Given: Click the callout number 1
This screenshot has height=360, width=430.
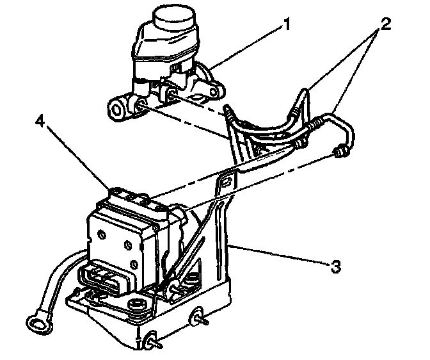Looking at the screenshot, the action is point(288,25).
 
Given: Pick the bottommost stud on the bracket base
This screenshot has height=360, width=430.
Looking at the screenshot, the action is point(152,342).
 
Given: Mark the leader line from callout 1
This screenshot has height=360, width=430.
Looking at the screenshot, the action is point(246,46).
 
